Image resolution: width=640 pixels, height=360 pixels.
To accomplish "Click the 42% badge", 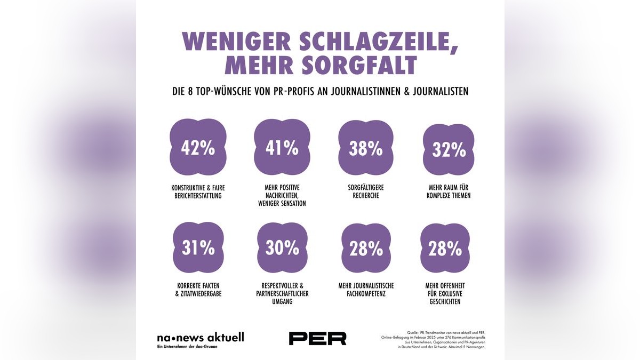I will (x=198, y=148).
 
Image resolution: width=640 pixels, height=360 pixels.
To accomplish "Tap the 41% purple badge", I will (x=282, y=148).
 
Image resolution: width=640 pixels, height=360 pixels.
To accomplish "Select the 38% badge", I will (x=366, y=148).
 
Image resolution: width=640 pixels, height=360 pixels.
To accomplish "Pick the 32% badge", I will (x=449, y=149).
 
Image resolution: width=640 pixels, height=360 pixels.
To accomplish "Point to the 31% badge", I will (x=198, y=247).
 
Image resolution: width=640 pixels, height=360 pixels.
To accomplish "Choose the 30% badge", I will (x=282, y=247).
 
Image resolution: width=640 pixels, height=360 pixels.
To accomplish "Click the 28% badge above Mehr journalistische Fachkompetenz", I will (x=366, y=248).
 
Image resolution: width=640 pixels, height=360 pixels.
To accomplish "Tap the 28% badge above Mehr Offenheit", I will (x=445, y=248).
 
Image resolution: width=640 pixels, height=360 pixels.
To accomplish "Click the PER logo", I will (x=317, y=338).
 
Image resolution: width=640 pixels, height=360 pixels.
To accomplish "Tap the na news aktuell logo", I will (x=200, y=338).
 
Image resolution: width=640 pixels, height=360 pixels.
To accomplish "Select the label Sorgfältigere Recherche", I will (x=366, y=191).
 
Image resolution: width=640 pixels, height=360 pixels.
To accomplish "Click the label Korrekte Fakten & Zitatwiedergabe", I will (x=198, y=290).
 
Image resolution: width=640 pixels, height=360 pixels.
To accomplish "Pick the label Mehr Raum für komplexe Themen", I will (x=449, y=191).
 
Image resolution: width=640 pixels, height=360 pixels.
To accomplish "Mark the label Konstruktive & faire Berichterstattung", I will (x=198, y=191).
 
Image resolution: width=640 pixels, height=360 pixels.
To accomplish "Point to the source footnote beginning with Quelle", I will (x=433, y=339).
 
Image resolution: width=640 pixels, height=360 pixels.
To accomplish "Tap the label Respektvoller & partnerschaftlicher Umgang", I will (x=282, y=293).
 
